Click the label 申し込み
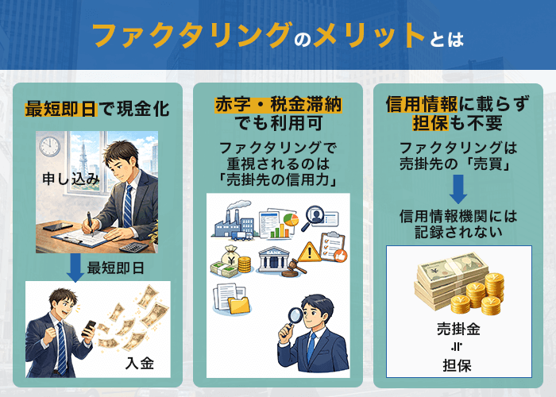pos(69,179)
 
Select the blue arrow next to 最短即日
pos(75,269)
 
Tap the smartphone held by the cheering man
pos(89,327)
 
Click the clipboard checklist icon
pos(334,246)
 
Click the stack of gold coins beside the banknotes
pos(486,293)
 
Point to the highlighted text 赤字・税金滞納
pos(278,106)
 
